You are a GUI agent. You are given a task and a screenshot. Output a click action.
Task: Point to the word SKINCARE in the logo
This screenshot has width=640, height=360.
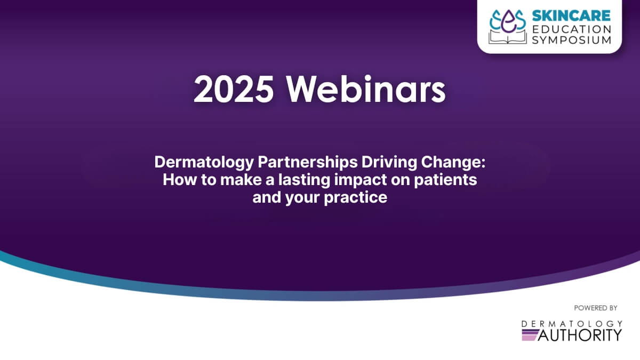point(570,17)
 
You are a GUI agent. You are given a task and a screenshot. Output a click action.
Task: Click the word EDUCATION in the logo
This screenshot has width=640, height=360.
point(572,28)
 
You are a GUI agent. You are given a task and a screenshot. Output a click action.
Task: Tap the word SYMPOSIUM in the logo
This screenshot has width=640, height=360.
point(572,40)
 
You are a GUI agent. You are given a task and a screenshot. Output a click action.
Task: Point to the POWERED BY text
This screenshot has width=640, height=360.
point(596,308)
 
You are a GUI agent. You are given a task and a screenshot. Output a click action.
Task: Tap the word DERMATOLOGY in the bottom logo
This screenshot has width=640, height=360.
point(572,323)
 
